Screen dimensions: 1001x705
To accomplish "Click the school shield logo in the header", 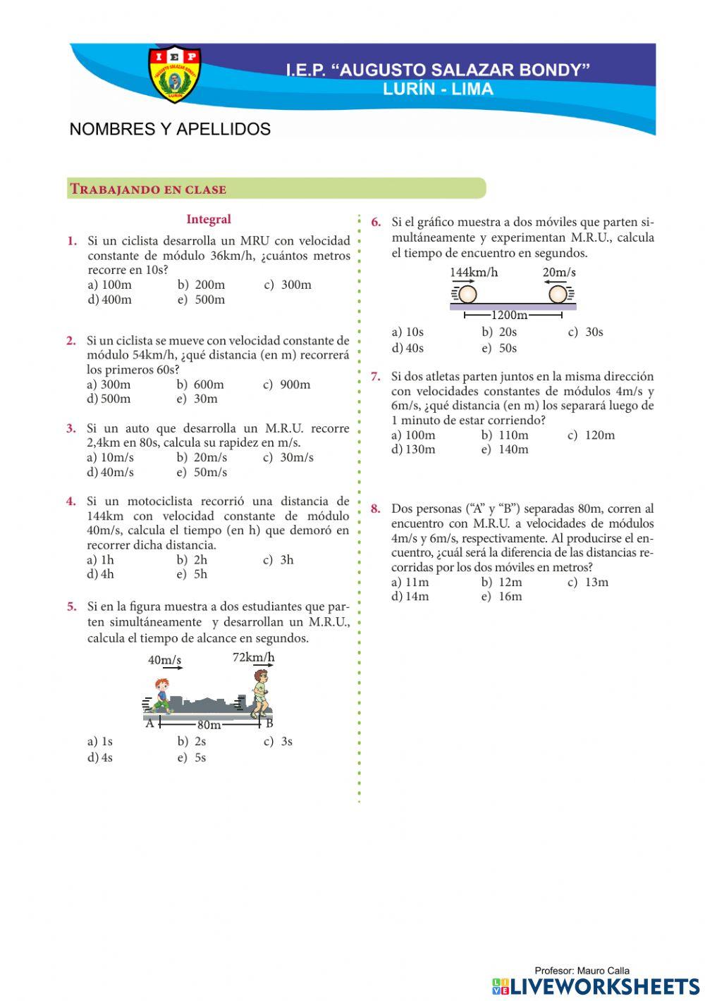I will [174, 73].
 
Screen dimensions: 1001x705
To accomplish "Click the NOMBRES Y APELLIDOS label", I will [170, 130].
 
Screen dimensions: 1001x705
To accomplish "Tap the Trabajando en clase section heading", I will [148, 189].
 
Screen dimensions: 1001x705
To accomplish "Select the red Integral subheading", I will [209, 220].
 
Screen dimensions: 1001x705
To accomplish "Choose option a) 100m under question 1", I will [109, 285].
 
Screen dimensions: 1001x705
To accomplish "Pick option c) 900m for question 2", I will [287, 385].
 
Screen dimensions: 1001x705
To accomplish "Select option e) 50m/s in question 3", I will [202, 472].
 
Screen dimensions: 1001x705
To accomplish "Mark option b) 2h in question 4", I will [192, 560].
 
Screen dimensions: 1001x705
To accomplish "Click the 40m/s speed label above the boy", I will [164, 660].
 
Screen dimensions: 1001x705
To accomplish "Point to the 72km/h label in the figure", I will [253, 657].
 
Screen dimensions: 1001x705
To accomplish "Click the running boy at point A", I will [161, 697].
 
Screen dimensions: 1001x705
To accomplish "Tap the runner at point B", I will [260, 693].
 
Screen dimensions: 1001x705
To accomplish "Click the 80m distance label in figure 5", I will [209, 725].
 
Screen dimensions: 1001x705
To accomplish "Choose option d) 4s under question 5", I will [100, 758].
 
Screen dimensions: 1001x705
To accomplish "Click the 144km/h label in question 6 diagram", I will [474, 273].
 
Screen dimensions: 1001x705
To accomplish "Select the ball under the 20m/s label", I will [558, 294].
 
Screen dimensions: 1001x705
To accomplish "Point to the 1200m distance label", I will [509, 315].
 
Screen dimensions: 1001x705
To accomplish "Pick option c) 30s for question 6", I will [586, 332].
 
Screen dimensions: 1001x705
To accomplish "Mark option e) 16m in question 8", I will [502, 597].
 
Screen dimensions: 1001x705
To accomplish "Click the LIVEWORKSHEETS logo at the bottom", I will [596, 986].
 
